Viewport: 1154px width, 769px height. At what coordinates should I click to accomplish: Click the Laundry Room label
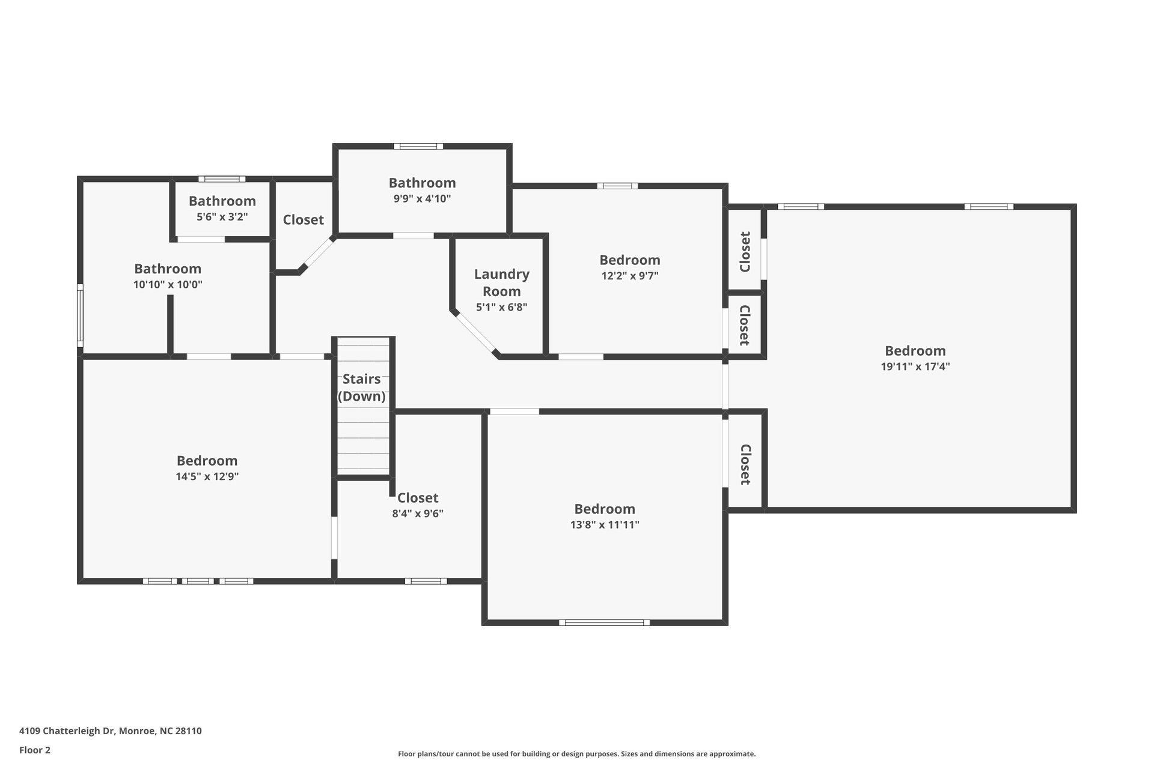click(501, 282)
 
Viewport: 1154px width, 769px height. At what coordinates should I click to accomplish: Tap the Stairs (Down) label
click(361, 388)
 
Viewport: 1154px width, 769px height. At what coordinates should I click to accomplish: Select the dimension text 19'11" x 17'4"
click(915, 366)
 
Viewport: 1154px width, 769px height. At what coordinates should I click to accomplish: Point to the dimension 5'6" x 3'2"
click(222, 217)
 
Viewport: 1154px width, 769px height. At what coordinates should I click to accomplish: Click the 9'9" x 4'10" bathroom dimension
click(422, 199)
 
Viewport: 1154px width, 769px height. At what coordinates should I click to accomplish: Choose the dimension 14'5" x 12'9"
click(207, 476)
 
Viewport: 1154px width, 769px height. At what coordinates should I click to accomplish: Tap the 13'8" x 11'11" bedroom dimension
click(604, 524)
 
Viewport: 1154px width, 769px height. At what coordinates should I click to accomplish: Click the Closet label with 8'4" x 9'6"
click(417, 497)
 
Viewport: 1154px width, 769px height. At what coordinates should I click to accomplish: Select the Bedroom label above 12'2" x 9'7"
click(629, 260)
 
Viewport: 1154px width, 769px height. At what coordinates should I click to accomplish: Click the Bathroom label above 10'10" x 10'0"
click(167, 269)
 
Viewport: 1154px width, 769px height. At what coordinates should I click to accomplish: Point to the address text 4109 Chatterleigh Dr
click(110, 731)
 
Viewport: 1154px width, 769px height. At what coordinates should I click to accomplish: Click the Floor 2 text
click(35, 750)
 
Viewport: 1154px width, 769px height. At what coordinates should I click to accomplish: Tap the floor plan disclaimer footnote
click(576, 754)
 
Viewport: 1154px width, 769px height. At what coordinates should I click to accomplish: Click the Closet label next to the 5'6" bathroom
click(303, 220)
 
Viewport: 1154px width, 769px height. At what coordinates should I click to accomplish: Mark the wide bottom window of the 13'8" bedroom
click(604, 622)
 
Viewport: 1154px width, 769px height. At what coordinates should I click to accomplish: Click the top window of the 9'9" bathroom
click(418, 146)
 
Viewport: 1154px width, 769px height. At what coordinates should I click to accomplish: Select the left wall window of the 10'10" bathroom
click(80, 315)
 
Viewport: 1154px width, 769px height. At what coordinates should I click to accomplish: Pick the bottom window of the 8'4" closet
click(426, 581)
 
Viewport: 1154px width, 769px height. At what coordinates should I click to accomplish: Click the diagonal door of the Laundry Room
click(475, 333)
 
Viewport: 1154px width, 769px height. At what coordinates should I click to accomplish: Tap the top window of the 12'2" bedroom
click(617, 186)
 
